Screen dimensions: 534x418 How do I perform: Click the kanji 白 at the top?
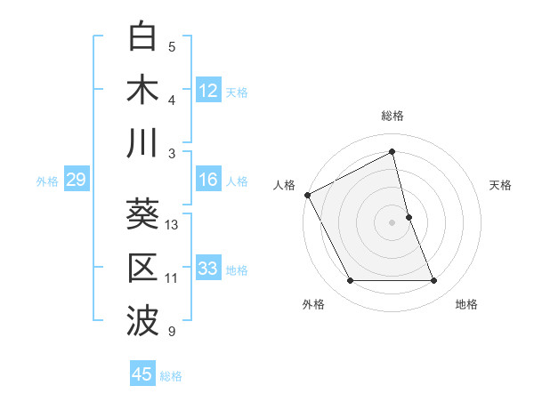point(142,38)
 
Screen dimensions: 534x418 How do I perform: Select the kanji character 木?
point(142,91)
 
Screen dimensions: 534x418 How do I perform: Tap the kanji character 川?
point(142,143)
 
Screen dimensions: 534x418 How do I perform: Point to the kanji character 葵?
point(142,214)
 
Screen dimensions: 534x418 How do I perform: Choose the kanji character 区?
point(142,268)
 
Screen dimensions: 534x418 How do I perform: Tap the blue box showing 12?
point(208,91)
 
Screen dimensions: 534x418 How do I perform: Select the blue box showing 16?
point(208,180)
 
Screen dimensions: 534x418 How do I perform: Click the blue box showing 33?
point(208,269)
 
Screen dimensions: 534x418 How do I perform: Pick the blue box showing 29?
point(76,181)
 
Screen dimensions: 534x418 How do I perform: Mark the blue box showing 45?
point(142,374)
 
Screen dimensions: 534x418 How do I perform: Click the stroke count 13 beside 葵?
point(172,225)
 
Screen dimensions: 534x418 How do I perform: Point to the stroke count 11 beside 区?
point(172,278)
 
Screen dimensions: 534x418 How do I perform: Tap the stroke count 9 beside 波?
point(172,332)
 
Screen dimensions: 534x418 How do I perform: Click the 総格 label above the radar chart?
point(392,116)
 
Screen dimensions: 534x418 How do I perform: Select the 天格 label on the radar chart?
point(501,185)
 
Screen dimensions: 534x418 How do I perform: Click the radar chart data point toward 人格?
point(307,195)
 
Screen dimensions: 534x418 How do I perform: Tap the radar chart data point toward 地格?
point(434,281)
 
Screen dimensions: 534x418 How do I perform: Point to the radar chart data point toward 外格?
point(350,281)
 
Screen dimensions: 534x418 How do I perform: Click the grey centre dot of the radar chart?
point(392,221)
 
